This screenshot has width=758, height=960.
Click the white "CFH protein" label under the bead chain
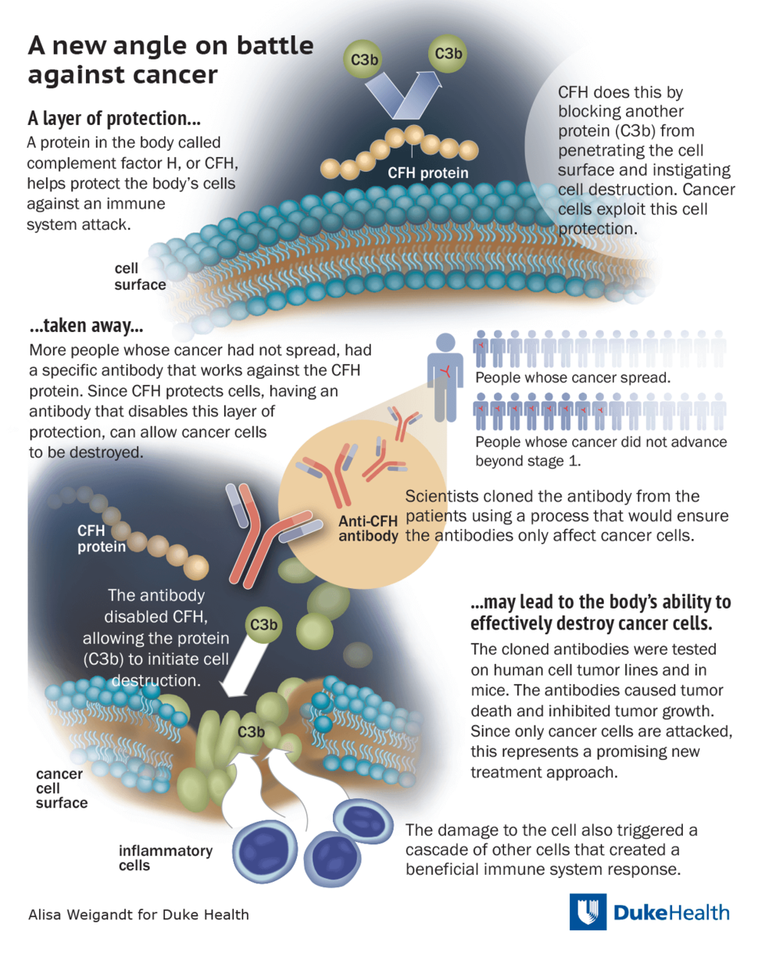(428, 173)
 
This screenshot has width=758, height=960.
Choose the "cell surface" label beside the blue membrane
(140, 277)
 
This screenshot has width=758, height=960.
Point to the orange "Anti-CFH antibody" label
(368, 529)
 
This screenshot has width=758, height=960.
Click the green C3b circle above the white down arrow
(263, 625)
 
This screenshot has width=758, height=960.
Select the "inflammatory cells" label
(165, 858)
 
